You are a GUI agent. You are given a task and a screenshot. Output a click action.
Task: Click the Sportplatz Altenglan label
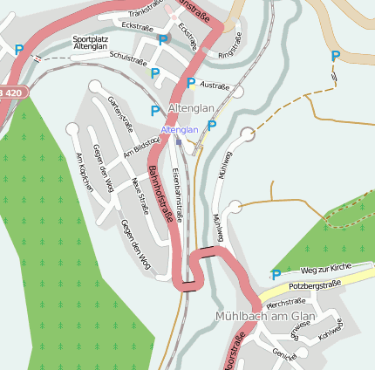[x=91, y=43]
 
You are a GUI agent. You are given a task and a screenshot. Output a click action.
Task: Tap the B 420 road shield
[x=13, y=91]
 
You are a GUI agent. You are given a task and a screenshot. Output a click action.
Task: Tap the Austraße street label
[x=215, y=87]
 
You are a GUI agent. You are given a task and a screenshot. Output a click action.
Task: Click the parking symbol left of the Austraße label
[x=191, y=83]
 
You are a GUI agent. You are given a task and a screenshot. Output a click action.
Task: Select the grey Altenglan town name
[x=190, y=107]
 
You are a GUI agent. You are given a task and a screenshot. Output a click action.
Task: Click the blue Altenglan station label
[x=180, y=129]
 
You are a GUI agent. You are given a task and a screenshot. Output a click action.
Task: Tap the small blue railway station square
[x=178, y=140]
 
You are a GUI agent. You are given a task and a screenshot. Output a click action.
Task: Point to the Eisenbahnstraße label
[x=180, y=191]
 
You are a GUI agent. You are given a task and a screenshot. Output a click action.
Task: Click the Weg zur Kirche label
[x=324, y=270]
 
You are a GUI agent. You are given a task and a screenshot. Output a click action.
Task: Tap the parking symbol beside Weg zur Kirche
[x=276, y=275]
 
